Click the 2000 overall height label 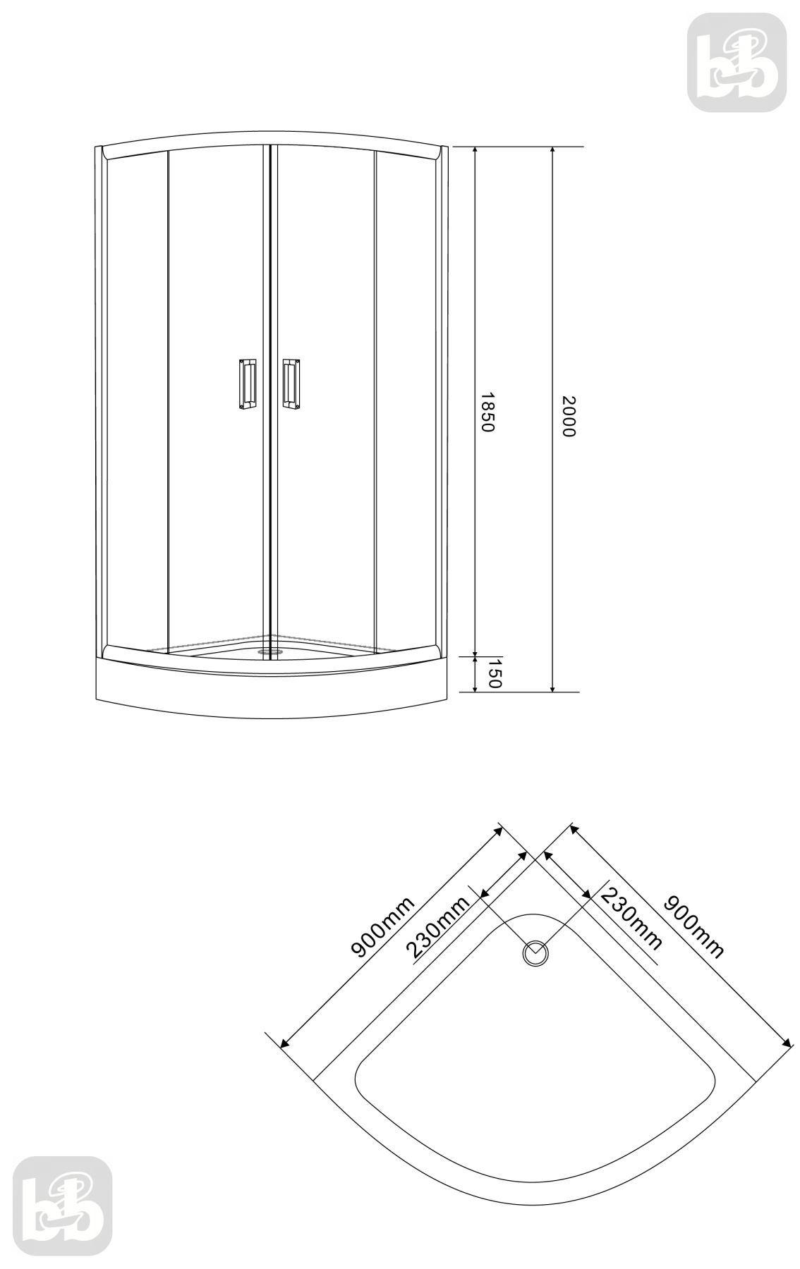569,416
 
